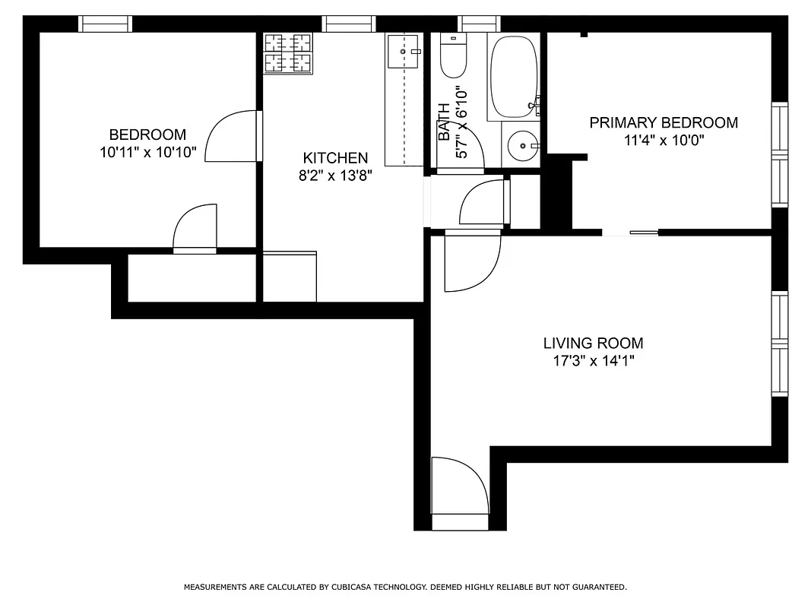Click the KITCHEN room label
[335, 158]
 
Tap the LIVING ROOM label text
[593, 344]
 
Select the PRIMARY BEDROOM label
[664, 122]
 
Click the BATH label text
[444, 122]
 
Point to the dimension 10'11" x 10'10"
[147, 152]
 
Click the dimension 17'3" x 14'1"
[593, 361]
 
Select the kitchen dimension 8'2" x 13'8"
[335, 176]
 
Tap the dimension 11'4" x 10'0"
[664, 140]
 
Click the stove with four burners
[288, 54]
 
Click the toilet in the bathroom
[453, 58]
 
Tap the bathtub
[514, 76]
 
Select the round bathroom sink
[523, 144]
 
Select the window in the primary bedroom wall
[780, 155]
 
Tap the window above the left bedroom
[106, 24]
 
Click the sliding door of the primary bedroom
[630, 232]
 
